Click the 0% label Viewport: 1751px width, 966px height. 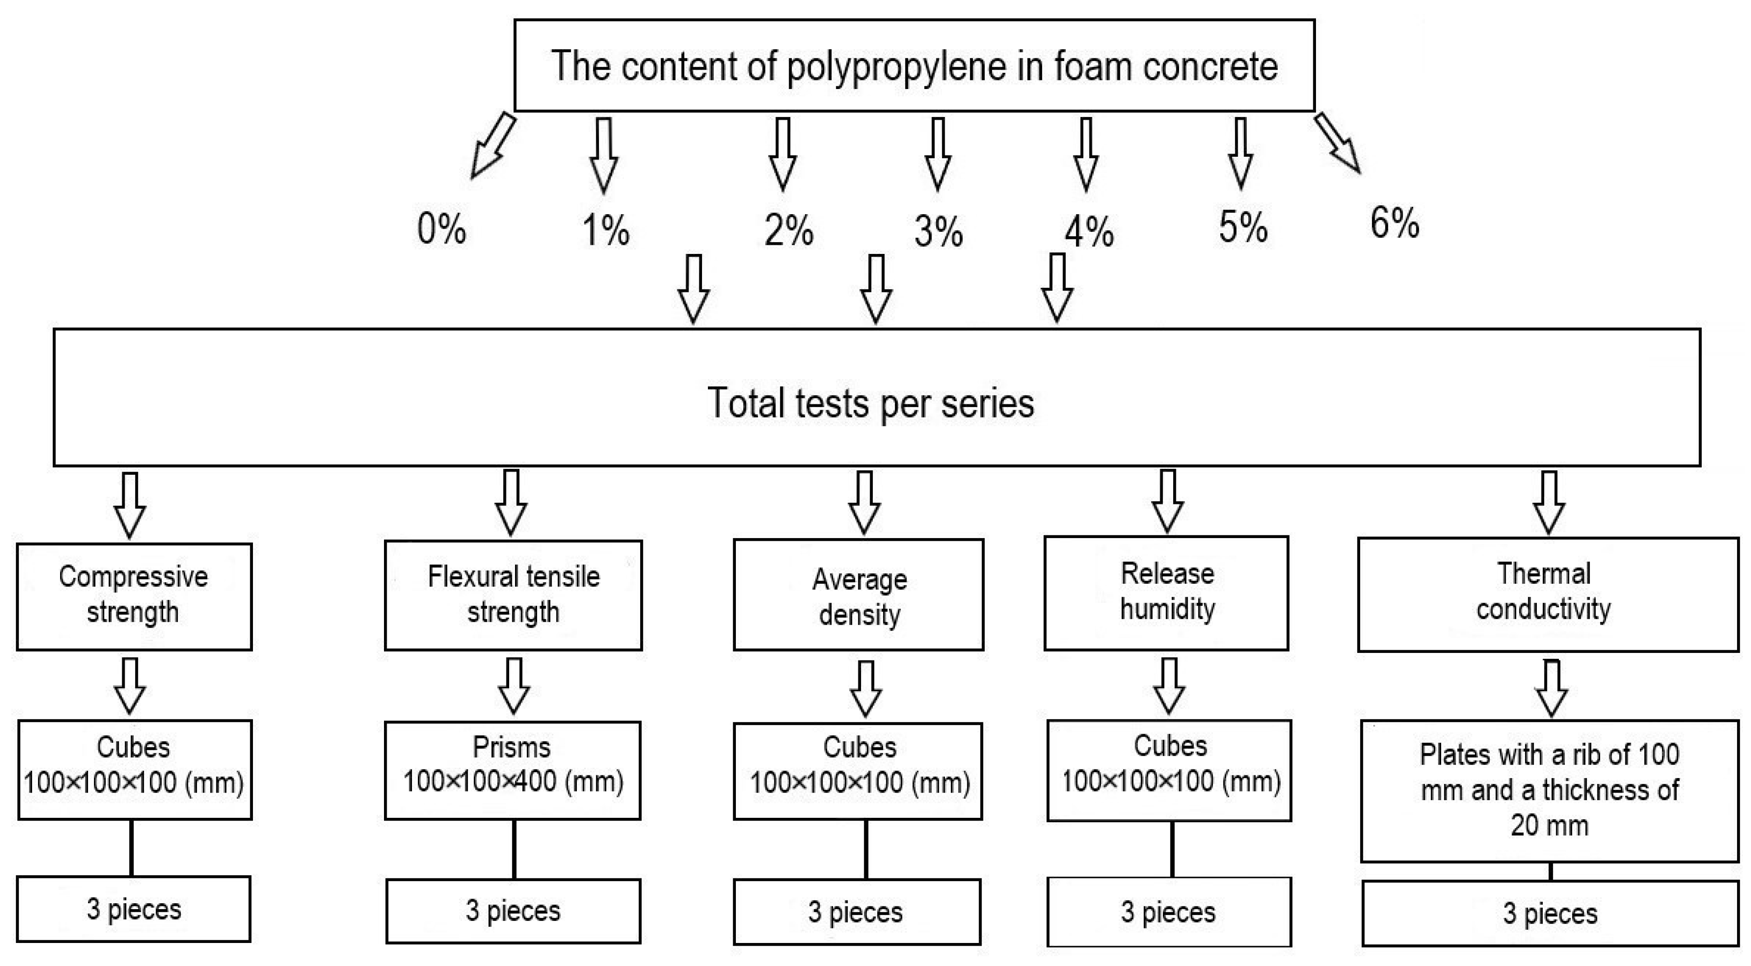pyautogui.click(x=442, y=229)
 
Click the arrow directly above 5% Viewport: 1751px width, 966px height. pyautogui.click(x=1241, y=154)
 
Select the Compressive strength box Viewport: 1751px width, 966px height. pyautogui.click(x=134, y=596)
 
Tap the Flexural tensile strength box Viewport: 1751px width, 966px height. pyautogui.click(x=513, y=596)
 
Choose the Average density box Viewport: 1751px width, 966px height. pyautogui.click(x=858, y=596)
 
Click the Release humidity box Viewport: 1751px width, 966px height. pyautogui.click(x=1166, y=593)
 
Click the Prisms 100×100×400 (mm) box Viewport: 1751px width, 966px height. pyautogui.click(x=513, y=770)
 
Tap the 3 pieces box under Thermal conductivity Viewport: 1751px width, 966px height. pyautogui.click(x=1550, y=913)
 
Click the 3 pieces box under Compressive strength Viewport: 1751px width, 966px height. pyautogui.click(x=134, y=909)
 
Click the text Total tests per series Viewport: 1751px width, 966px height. pyautogui.click(x=871, y=403)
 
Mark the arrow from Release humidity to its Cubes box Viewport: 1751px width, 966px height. pyautogui.click(x=1169, y=686)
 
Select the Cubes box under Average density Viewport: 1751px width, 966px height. pyautogui.click(x=858, y=770)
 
